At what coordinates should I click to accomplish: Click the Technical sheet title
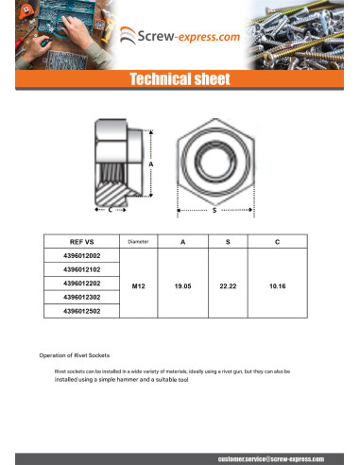click(x=180, y=80)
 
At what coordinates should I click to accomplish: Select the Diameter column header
click(x=139, y=243)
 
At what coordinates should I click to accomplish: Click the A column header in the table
click(x=182, y=243)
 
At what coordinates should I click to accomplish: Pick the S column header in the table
click(x=227, y=243)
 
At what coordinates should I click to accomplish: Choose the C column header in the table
click(x=277, y=243)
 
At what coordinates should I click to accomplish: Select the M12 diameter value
click(x=139, y=283)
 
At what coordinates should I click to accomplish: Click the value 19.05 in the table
click(x=182, y=283)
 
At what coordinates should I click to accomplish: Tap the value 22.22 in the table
click(x=227, y=283)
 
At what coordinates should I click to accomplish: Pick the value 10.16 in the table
click(x=277, y=283)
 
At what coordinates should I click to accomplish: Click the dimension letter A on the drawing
click(x=151, y=164)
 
